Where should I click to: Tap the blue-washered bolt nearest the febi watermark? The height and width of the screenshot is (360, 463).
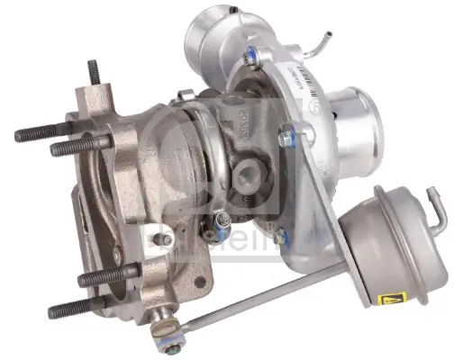click(280, 239)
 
